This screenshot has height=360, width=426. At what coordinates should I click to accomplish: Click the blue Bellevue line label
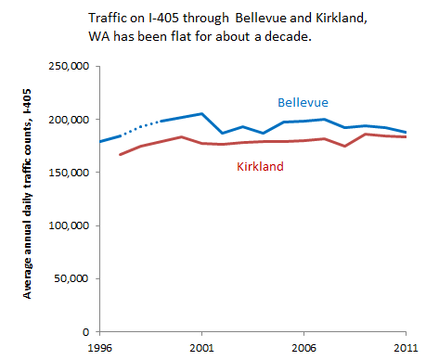[303, 102]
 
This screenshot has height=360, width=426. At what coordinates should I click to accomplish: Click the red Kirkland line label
[260, 166]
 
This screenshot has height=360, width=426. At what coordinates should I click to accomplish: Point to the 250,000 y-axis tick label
[69, 66]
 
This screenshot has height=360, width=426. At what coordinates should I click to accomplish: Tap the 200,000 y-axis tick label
[69, 120]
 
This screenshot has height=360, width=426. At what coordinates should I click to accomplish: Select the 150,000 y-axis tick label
[69, 173]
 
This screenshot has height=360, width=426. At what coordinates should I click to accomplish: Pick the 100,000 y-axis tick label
[69, 225]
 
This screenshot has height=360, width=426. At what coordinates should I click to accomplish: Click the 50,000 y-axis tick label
[71, 278]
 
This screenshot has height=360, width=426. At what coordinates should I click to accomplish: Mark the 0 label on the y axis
[85, 332]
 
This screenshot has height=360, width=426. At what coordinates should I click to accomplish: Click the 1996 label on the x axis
[100, 348]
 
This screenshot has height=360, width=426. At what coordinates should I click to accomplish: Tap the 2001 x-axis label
[201, 348]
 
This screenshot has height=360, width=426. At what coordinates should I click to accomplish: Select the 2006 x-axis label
[303, 348]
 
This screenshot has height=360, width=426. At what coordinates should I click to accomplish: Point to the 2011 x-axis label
[406, 348]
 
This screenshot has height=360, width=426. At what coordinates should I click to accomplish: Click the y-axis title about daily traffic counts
[27, 194]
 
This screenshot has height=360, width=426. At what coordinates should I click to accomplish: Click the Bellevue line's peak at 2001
[201, 114]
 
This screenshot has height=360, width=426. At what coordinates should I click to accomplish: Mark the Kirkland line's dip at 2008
[344, 146]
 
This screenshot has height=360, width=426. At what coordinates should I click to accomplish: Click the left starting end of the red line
[121, 154]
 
